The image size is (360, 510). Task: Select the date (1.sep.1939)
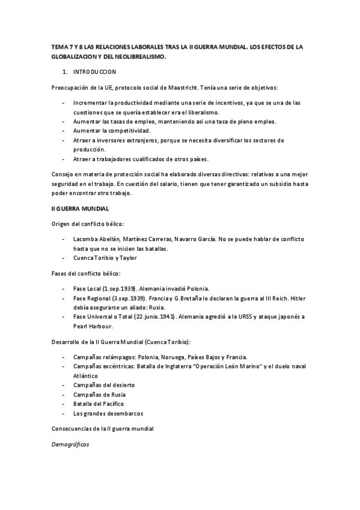pos(120,289)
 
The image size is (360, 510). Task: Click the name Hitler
pos(294,298)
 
